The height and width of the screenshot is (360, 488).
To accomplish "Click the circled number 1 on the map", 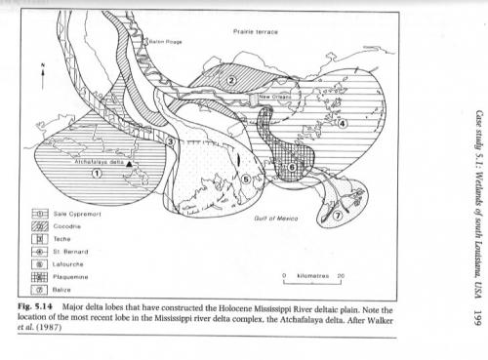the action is pyautogui.click(x=97, y=174).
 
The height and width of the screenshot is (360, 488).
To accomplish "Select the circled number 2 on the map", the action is pyautogui.click(x=231, y=80).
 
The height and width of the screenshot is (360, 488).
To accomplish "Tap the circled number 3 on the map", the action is pyautogui.click(x=171, y=141).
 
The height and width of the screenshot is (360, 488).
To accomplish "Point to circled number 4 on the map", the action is pyautogui.click(x=342, y=123).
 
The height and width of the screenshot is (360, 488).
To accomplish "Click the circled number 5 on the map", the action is pyautogui.click(x=246, y=179).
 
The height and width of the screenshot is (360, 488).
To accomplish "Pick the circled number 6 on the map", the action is pyautogui.click(x=292, y=167).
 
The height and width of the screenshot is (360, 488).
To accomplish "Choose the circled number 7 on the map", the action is pyautogui.click(x=338, y=216).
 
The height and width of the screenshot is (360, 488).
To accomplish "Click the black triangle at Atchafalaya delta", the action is pyautogui.click(x=129, y=164).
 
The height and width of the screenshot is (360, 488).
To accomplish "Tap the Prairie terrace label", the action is pyautogui.click(x=256, y=32).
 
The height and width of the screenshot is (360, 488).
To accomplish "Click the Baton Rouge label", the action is pyautogui.click(x=165, y=42).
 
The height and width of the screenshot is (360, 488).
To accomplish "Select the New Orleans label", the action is pyautogui.click(x=275, y=97).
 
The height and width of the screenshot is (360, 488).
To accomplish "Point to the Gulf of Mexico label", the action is pyautogui.click(x=276, y=219).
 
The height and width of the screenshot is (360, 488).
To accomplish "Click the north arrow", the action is pyautogui.click(x=42, y=77).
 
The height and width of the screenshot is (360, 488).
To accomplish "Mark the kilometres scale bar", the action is pyautogui.click(x=312, y=282).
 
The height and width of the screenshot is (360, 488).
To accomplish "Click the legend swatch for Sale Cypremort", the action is pyautogui.click(x=40, y=214).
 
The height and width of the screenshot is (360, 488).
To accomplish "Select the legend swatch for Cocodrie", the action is pyautogui.click(x=40, y=226).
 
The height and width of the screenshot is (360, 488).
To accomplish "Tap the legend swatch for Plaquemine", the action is pyautogui.click(x=40, y=277).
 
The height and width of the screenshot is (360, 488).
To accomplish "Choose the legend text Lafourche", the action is pyautogui.click(x=68, y=264).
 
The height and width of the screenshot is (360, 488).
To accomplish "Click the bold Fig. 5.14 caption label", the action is pyautogui.click(x=35, y=306).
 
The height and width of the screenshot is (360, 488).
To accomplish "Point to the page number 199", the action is pyautogui.click(x=477, y=318).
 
